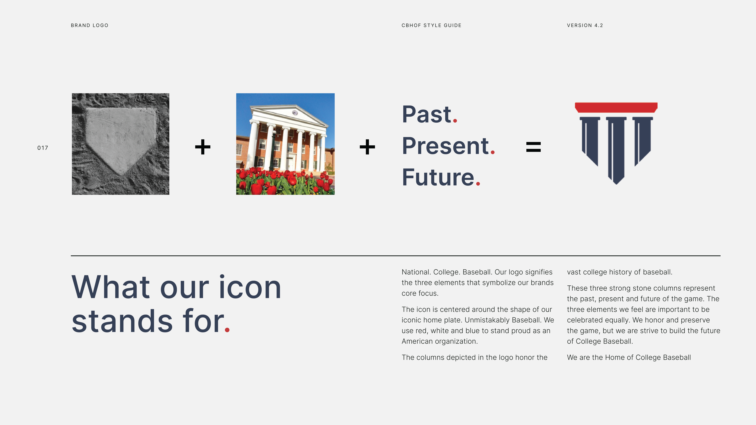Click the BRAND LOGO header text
89,25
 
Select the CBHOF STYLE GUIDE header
431,25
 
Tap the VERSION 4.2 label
585,25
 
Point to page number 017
43,148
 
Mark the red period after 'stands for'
227,330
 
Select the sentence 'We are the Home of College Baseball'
629,357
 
